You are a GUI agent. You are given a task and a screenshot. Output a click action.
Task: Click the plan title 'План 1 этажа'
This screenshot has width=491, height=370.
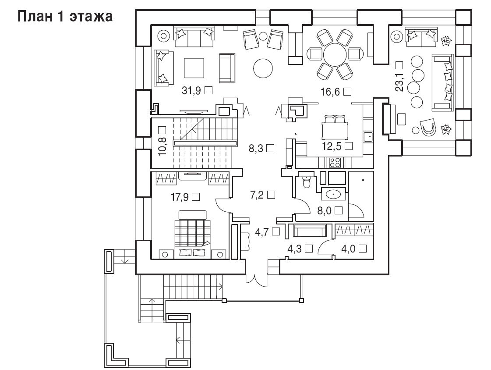coord(65,17)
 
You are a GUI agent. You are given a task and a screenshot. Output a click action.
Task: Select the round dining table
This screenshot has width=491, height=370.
coord(335,54)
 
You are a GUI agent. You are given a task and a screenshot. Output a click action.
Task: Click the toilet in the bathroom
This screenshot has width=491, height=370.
coord(306,181)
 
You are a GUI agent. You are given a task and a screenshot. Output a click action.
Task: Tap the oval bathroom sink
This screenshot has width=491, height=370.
coord(334,195)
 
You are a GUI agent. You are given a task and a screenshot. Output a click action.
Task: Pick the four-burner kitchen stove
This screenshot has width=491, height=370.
coord(335,162)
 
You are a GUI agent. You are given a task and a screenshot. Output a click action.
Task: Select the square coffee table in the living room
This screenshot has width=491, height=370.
coord(194,68)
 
